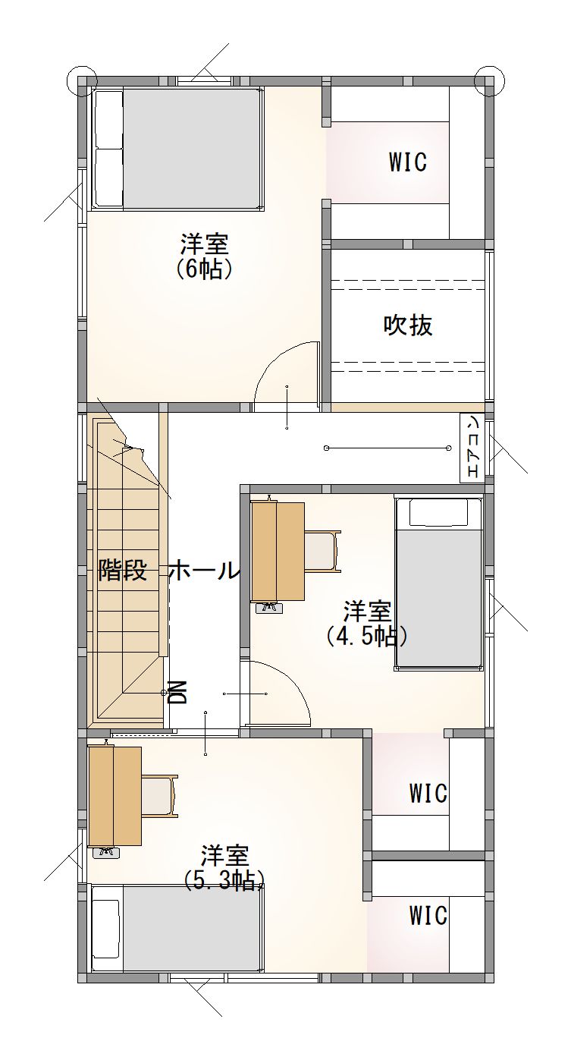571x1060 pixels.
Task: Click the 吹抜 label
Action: tap(408, 325)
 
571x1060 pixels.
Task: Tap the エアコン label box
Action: tap(472, 448)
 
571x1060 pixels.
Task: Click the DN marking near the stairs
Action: tap(177, 691)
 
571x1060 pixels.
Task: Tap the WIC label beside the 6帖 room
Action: tap(407, 162)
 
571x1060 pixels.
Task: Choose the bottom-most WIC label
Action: tap(428, 916)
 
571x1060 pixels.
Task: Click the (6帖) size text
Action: tap(204, 269)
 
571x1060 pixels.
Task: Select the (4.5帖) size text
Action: tap(367, 635)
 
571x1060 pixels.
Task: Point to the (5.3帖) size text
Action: tap(224, 879)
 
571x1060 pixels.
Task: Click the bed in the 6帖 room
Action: tap(179, 149)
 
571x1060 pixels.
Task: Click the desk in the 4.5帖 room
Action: tap(278, 551)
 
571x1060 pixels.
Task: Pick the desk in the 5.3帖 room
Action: tap(115, 796)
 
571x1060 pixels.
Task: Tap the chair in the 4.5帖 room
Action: tap(322, 551)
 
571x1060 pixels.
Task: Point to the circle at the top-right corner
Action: tap(489, 79)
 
